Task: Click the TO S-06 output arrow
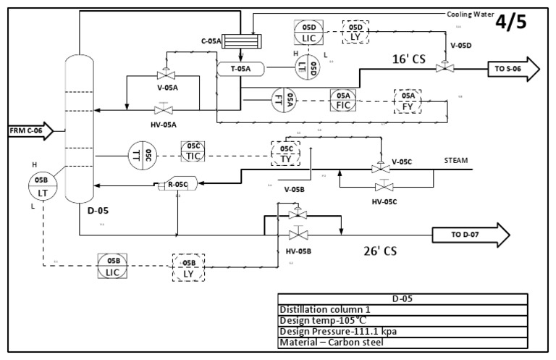click(515, 69)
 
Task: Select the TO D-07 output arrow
click(471, 235)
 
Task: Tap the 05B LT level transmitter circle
click(41, 185)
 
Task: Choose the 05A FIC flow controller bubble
click(344, 100)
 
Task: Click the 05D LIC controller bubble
click(308, 31)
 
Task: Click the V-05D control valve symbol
click(441, 67)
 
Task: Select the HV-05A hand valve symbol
click(164, 110)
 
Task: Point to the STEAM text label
click(455, 160)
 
